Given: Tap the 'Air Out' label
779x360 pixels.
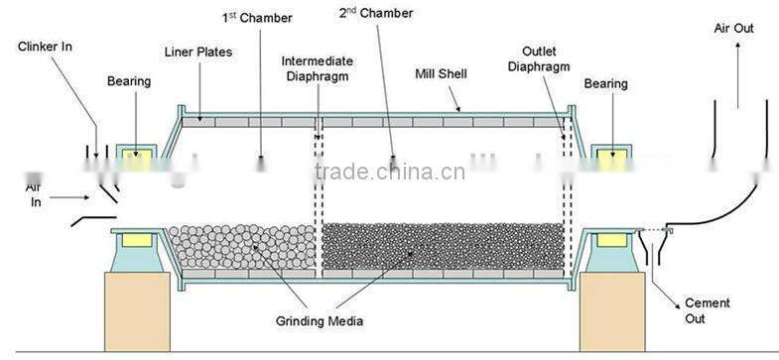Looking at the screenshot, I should [734, 29].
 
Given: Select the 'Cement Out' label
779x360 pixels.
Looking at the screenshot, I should [710, 310].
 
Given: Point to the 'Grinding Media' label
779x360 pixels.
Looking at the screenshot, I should [321, 321].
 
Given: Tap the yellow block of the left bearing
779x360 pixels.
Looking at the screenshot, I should [136, 158].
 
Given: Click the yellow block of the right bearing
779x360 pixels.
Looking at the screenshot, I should [606, 158].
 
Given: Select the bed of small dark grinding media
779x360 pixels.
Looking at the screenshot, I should [442, 247].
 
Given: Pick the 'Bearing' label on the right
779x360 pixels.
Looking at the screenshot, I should [606, 84].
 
